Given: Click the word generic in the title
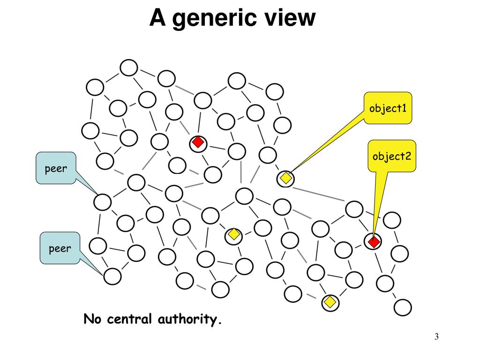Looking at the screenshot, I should (x=218, y=19).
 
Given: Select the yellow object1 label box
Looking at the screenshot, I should (x=388, y=108).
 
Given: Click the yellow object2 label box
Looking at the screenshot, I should (x=391, y=156).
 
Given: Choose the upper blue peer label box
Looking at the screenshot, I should (x=56, y=168).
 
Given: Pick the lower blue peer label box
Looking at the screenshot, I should (x=60, y=247).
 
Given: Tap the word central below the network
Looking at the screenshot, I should (x=130, y=320).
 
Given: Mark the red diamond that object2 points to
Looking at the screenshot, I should (x=373, y=242).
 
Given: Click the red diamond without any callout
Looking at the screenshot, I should (x=198, y=142).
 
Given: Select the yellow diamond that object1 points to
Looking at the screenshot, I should (x=285, y=178).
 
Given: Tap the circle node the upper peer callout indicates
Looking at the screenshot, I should (x=102, y=202).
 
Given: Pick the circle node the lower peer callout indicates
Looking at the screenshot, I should (x=112, y=276).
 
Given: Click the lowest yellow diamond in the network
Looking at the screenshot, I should (x=330, y=302).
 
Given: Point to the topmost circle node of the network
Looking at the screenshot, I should (x=128, y=67).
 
